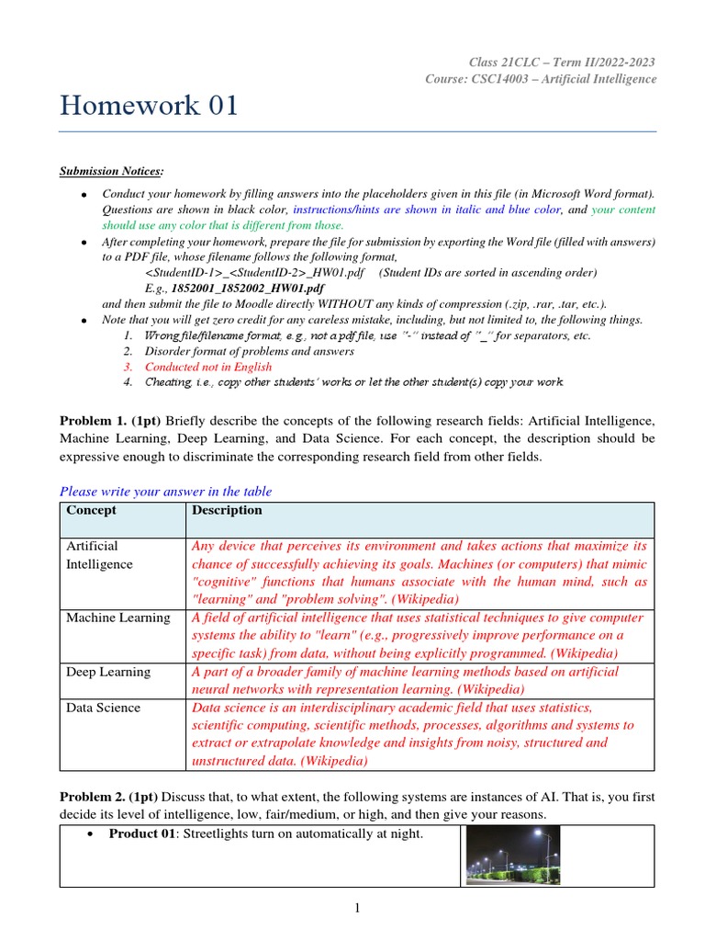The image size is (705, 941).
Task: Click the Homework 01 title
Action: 149,106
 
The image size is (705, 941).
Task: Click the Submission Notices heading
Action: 111,171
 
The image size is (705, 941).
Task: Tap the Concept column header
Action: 91,510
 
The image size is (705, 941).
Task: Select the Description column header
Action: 226,510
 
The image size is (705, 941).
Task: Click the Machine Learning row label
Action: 117,618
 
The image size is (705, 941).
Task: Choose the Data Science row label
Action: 103,708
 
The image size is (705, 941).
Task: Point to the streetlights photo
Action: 512,855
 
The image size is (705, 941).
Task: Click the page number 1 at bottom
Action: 358,909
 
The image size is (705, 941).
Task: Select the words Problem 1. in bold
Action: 90,420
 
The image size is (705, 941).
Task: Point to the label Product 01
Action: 141,833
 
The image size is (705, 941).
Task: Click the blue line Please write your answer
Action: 165,492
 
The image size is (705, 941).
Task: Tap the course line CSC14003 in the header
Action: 541,79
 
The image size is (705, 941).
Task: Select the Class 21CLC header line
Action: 562,62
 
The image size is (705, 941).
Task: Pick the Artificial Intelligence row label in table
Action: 99,555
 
